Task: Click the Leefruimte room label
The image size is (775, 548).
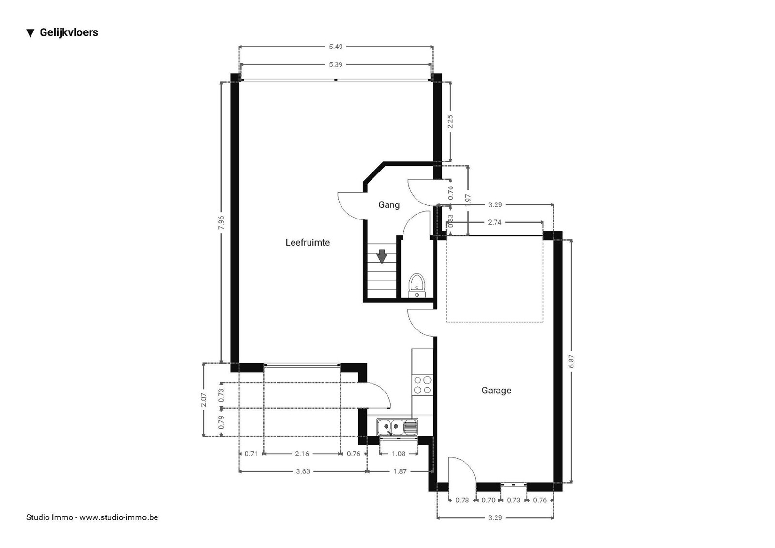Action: pos(308,243)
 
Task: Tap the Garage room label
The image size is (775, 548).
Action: pos(496,391)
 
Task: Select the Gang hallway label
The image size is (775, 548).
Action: pos(389,205)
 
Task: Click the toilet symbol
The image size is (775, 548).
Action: pos(417,285)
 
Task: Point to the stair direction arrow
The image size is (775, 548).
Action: pos(382,256)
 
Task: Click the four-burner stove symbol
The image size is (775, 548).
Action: pos(422,385)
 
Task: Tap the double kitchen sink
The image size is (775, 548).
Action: pos(398,427)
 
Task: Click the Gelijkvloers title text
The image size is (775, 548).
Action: pos(69,32)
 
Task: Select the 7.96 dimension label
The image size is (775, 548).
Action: pos(221,222)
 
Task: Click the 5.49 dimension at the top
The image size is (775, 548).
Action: pos(336,47)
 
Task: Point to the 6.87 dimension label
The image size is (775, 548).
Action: pos(571,361)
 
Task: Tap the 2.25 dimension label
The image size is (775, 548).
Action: pos(450,122)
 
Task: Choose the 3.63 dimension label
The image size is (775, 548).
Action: pos(303,471)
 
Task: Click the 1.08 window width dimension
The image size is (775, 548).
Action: pos(398,454)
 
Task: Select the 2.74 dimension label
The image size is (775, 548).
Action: pos(495,222)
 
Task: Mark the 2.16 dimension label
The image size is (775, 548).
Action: pos(302,454)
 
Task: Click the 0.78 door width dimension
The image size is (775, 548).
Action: pos(462,500)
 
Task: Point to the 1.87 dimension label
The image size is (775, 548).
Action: pos(400,471)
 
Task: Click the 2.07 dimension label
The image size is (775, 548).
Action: pos(204,399)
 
